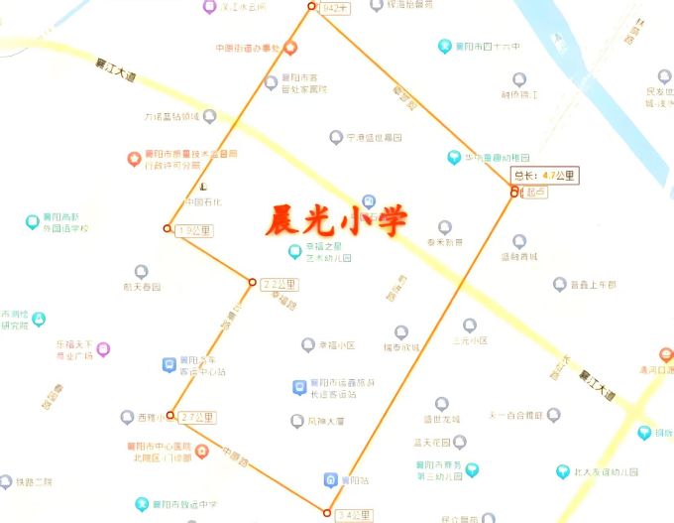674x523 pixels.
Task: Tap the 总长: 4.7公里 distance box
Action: [544, 176]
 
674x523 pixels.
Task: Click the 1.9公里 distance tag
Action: [194, 230]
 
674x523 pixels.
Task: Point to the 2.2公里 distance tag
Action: [280, 284]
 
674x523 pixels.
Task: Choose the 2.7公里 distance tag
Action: [198, 417]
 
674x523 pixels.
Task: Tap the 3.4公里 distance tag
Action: [353, 515]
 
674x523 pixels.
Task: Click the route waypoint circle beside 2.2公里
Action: [252, 283]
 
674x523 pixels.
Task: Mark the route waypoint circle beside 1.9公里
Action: [167, 229]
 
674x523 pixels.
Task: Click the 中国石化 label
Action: [201, 202]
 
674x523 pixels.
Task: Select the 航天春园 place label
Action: [142, 286]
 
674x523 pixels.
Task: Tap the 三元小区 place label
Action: [470, 339]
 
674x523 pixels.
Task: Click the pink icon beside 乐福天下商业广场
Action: [103, 348]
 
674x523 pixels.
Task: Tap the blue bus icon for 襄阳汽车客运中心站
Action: [169, 364]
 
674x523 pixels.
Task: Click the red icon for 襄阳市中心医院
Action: [201, 451]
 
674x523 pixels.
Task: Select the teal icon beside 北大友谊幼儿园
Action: [562, 472]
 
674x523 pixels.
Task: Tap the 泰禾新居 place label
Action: [444, 241]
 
